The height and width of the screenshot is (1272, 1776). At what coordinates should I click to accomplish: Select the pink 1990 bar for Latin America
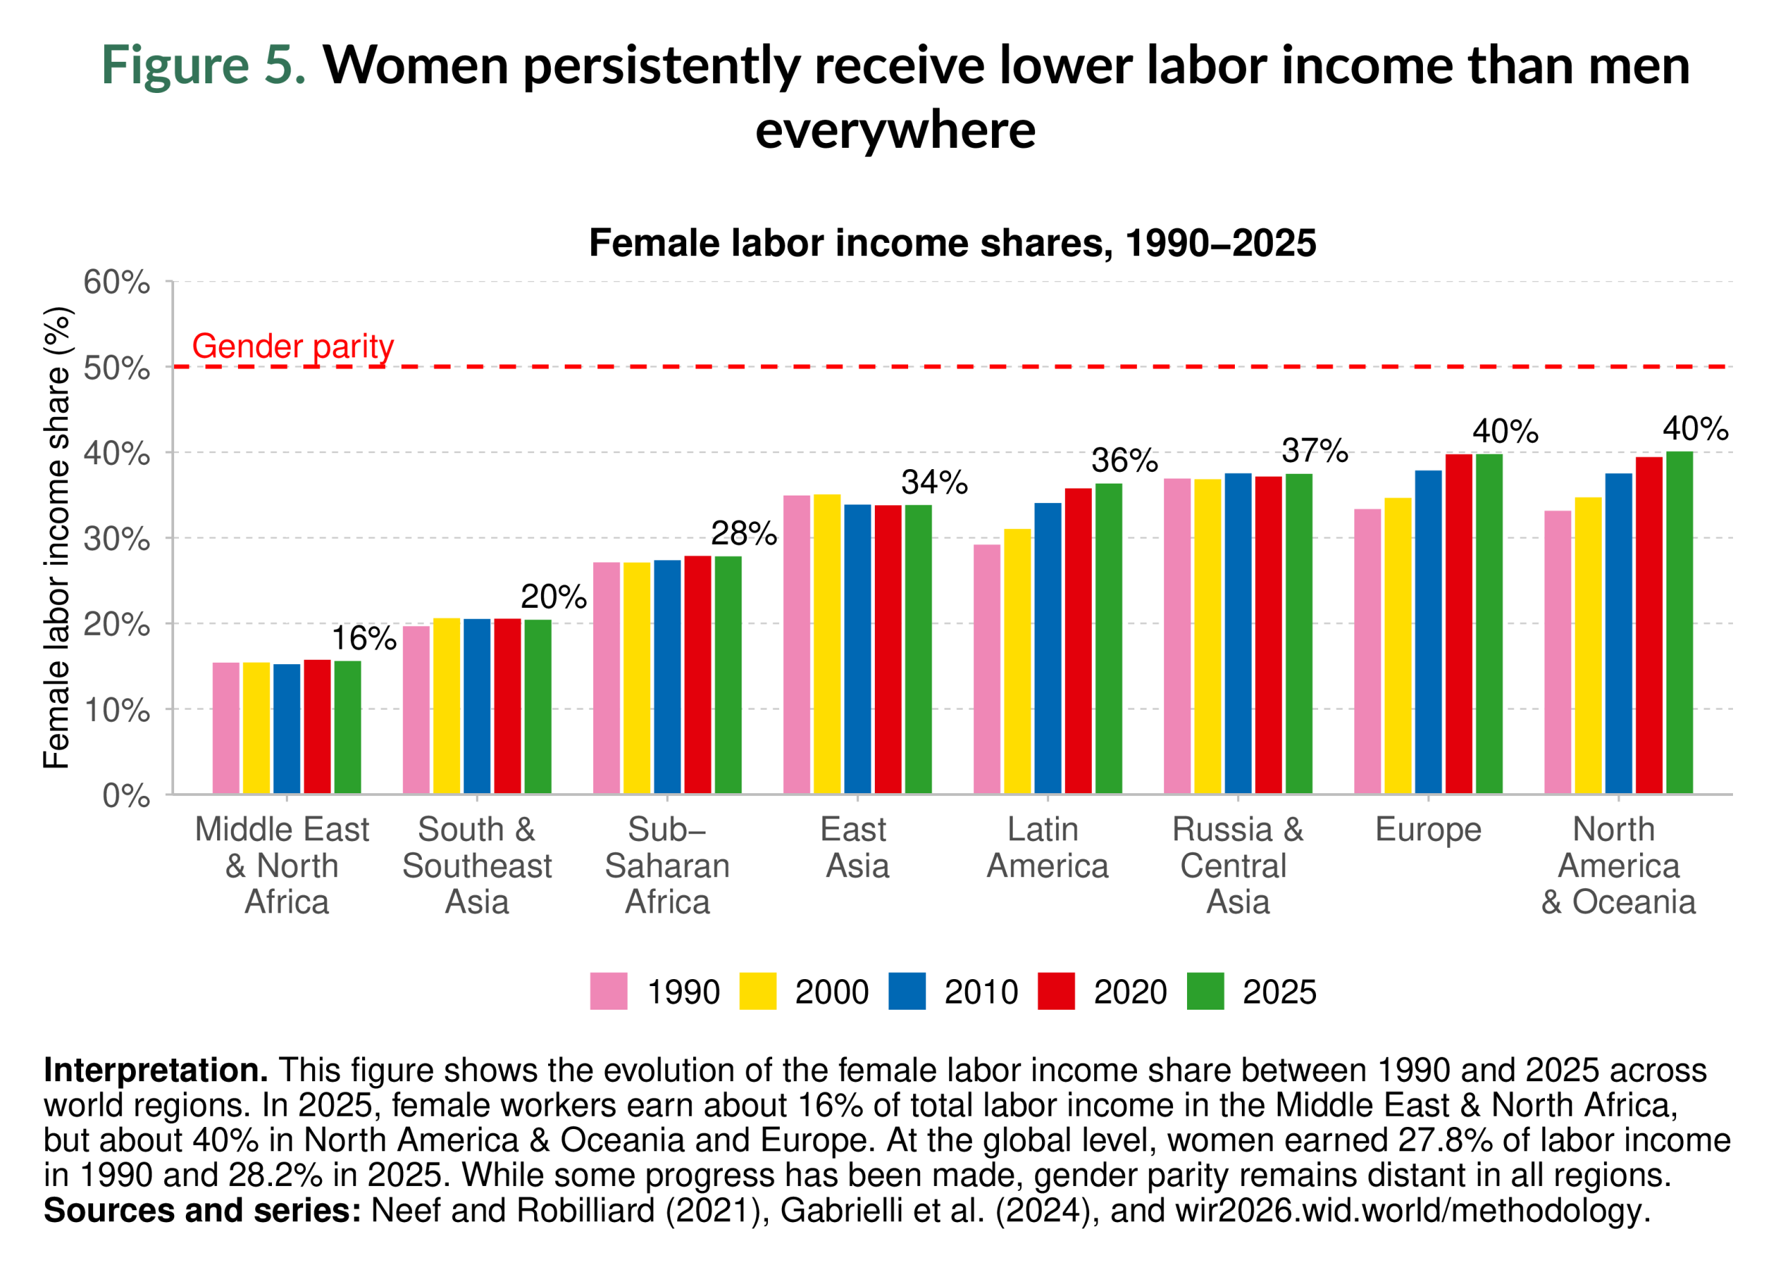[987, 670]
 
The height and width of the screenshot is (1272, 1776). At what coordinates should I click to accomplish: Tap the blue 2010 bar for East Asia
[857, 650]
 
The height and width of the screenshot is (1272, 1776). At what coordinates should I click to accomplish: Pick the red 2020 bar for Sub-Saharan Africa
[698, 675]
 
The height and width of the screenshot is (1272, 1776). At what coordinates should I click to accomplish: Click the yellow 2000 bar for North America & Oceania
[1588, 646]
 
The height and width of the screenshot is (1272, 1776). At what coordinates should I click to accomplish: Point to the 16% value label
[364, 638]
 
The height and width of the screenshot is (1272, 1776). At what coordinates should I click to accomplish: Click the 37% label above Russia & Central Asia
[1315, 451]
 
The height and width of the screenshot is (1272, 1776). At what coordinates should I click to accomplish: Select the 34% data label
[934, 482]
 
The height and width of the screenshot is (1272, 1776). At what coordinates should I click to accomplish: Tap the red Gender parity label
[293, 346]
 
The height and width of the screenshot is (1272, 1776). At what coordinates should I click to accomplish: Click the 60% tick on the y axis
[117, 282]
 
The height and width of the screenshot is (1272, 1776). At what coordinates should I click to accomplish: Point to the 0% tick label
[126, 797]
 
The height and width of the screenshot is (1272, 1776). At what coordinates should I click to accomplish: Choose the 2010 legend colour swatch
[907, 992]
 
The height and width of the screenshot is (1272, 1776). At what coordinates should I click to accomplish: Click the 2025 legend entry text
[1279, 992]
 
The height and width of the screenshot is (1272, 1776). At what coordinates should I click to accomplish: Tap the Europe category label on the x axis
[1428, 830]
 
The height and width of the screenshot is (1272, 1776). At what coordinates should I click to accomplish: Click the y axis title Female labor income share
[56, 538]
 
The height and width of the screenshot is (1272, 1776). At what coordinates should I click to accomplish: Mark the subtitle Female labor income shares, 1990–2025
[953, 243]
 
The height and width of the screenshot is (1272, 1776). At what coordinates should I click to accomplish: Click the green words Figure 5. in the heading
[203, 65]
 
